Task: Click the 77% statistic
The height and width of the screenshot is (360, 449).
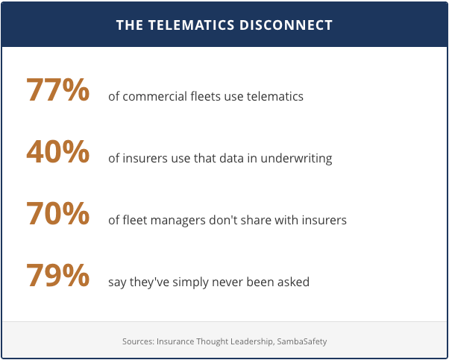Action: pos(58,90)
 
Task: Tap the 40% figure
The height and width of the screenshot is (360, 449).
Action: pos(58,152)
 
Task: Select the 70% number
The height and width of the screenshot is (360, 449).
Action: pos(58,214)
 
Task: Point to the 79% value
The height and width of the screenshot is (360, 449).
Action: pos(58,276)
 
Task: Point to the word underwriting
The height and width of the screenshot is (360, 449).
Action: pos(296,159)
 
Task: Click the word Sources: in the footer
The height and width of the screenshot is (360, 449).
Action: pos(139,341)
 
